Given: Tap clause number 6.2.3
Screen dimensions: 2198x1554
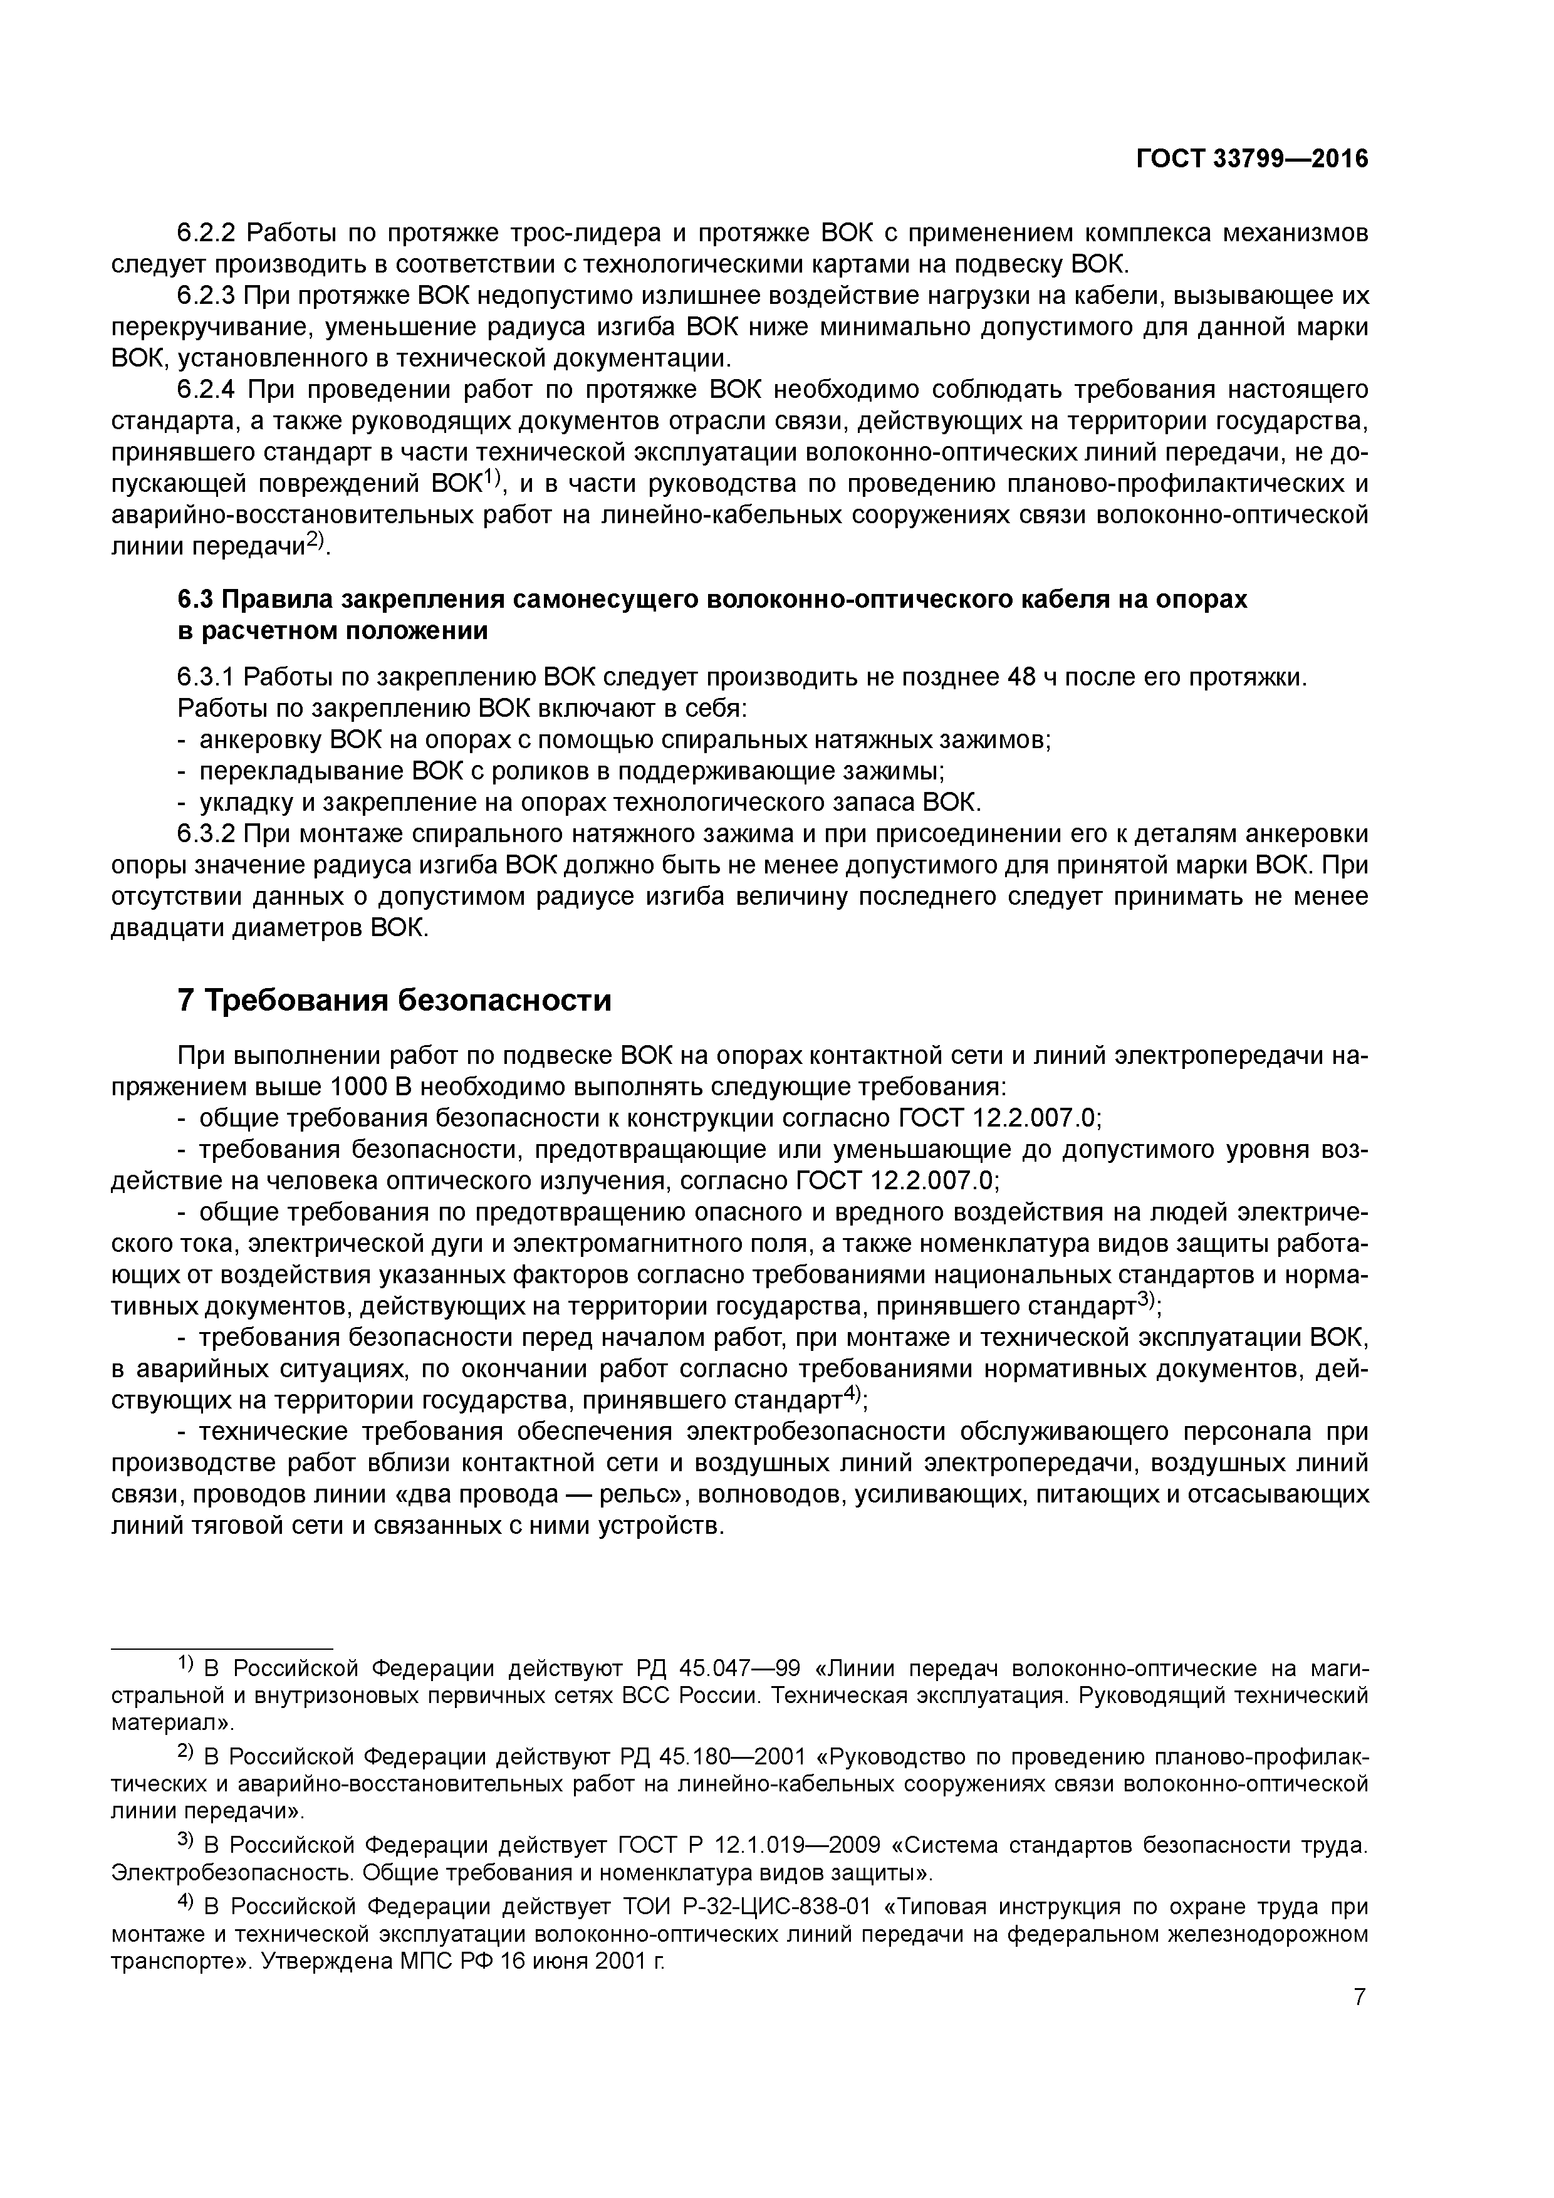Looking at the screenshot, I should tap(207, 296).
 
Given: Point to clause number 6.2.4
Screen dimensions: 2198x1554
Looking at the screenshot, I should tap(207, 390).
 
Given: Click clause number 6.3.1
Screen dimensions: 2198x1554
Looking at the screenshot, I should tap(207, 678).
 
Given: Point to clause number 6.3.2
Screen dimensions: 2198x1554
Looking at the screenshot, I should tap(207, 834).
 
